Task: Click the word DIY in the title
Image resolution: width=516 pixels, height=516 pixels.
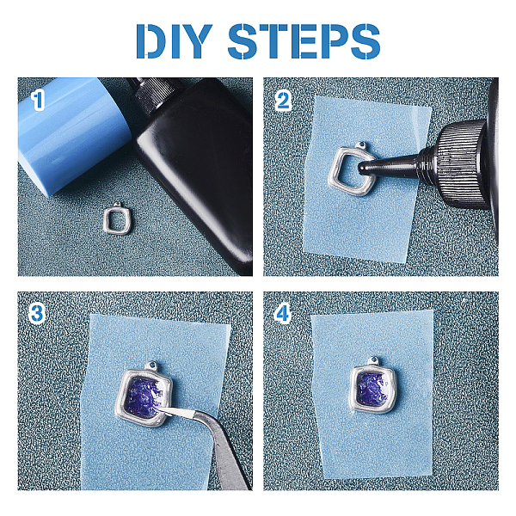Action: click(x=174, y=41)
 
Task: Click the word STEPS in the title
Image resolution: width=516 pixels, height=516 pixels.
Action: click(x=304, y=41)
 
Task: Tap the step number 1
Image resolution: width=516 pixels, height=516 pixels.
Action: click(x=38, y=101)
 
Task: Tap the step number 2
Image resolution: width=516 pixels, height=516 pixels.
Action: click(x=283, y=101)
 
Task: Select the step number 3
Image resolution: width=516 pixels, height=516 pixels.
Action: click(x=36, y=313)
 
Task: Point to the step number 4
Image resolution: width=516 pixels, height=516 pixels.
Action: click(x=283, y=313)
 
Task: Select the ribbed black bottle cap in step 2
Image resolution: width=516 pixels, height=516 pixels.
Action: click(x=463, y=164)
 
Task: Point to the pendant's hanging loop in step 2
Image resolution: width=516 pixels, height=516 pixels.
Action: click(x=362, y=145)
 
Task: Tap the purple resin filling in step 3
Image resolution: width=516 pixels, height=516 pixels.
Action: click(x=144, y=397)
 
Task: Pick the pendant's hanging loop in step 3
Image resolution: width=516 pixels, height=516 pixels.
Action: click(x=151, y=365)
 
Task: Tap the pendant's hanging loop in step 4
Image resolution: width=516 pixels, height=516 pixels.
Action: click(x=374, y=360)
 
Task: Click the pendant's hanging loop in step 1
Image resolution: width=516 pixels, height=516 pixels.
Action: click(x=117, y=206)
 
